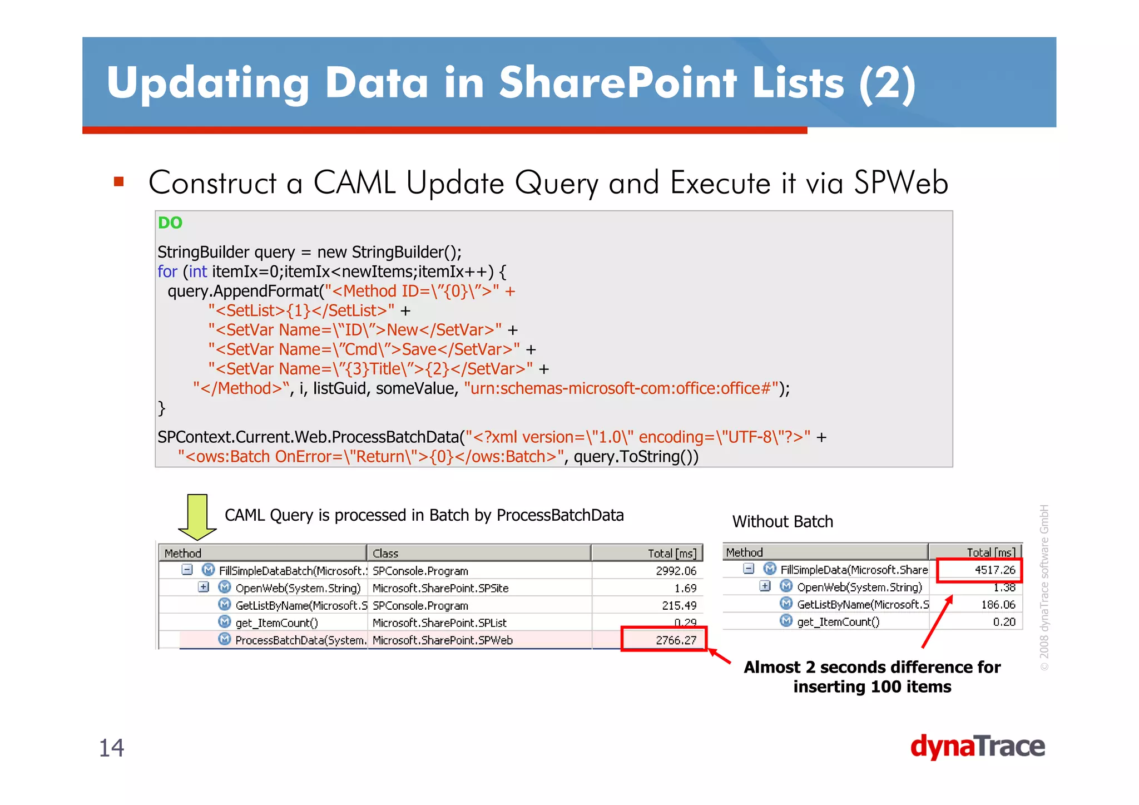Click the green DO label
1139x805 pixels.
[x=170, y=223]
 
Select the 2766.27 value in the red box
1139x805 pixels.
[x=675, y=640]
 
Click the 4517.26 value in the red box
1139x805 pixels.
[x=994, y=570]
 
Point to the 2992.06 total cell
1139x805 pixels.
[x=675, y=571]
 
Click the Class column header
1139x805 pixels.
[x=386, y=553]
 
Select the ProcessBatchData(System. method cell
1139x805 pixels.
[x=300, y=640]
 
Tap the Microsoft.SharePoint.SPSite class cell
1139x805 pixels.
[x=440, y=588]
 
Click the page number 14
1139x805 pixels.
[x=111, y=748]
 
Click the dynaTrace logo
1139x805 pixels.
[x=977, y=747]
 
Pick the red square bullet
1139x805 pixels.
[x=118, y=182]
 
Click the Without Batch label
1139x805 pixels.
[x=783, y=521]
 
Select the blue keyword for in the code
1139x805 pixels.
[x=167, y=271]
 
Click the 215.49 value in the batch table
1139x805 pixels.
[x=679, y=605]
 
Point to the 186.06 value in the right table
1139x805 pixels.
[x=998, y=604]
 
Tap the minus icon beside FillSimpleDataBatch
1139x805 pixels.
[x=187, y=570]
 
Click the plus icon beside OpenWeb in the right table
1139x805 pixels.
[x=765, y=586]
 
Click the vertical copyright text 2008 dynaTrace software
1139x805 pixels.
[x=1044, y=587]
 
